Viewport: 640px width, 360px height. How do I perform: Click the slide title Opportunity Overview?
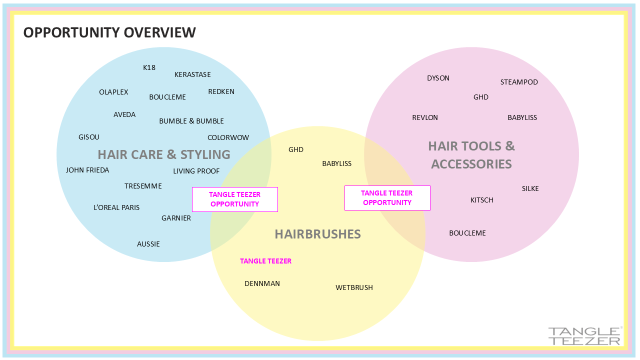coord(109,32)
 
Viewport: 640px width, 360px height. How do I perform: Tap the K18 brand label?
coord(149,67)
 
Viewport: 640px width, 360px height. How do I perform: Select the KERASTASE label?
coord(192,74)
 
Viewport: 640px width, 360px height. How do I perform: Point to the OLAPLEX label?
coord(113,92)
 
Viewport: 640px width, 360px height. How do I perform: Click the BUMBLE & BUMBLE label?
coord(191,121)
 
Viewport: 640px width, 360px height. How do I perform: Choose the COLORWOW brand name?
coord(228,137)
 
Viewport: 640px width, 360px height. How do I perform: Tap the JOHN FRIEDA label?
coord(87,170)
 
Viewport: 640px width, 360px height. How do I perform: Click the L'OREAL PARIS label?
coord(116,207)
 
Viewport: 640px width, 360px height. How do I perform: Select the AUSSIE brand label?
coord(148,244)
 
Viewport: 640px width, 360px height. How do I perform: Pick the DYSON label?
coord(438,78)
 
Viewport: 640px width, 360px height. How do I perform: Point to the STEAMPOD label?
coord(519,82)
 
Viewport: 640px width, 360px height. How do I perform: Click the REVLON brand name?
coord(425,117)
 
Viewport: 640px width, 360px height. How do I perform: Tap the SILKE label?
coord(530,188)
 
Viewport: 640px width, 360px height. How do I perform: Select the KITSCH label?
coord(482,200)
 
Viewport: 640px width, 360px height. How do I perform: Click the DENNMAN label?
coord(262,283)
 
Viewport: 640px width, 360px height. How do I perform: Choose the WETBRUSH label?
coord(354,287)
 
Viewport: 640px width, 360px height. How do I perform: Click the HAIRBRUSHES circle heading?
coord(317,234)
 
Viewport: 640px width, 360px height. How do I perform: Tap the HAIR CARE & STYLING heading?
coord(164,154)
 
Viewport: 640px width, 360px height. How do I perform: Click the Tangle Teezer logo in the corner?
coord(584,336)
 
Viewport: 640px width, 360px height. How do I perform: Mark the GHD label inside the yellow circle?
coord(296,149)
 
